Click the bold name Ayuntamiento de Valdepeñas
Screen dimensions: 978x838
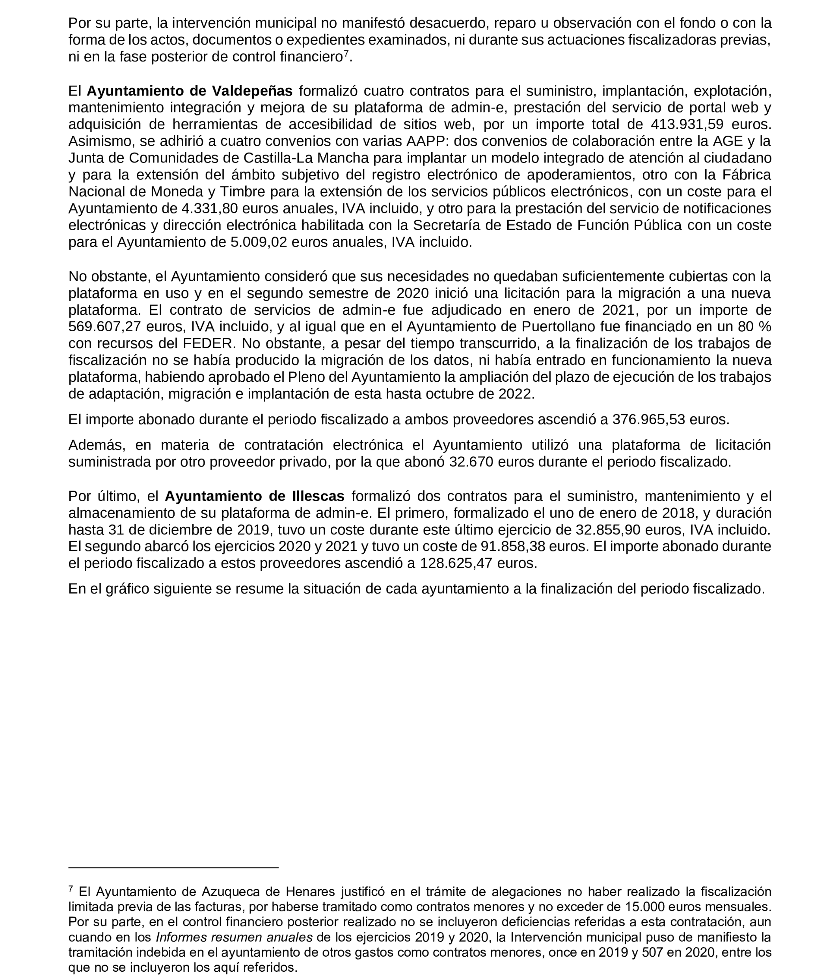point(189,91)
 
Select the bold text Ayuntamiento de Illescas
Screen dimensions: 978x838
point(254,496)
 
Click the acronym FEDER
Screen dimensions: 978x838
point(170,343)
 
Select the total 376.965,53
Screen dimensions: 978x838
point(648,419)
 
